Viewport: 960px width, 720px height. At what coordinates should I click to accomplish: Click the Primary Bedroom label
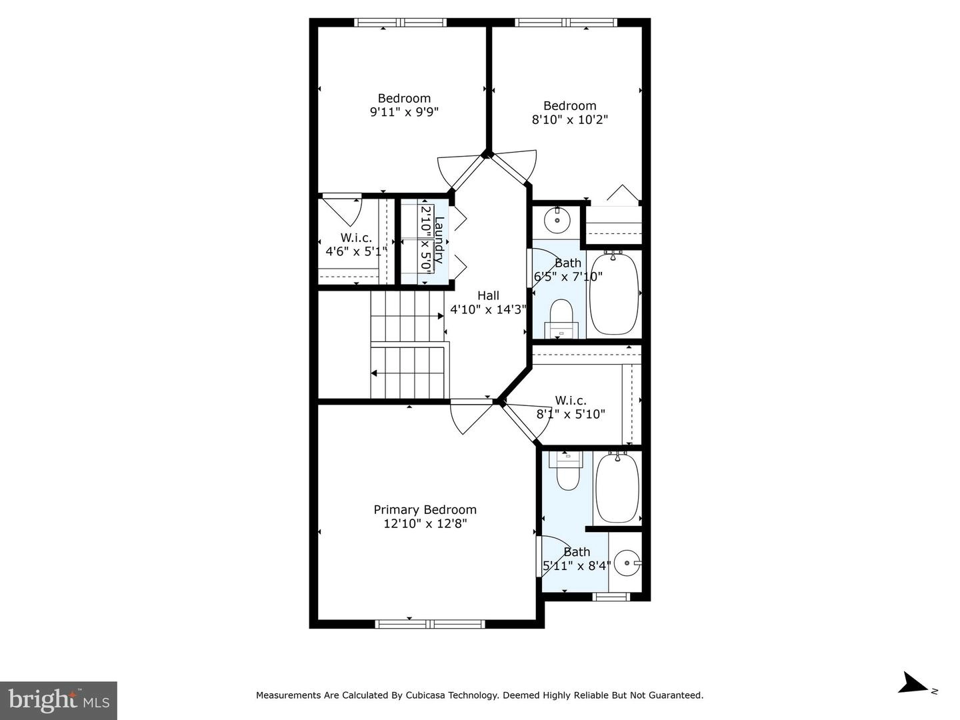point(425,510)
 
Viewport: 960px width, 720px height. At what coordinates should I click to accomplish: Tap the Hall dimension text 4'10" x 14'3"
point(488,309)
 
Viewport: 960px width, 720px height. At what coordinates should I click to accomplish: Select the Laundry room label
point(439,240)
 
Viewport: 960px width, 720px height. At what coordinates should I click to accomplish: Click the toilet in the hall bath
point(561,319)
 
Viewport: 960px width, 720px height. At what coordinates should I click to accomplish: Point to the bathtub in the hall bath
point(614,294)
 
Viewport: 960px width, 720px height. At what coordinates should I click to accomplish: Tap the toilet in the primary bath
point(567,471)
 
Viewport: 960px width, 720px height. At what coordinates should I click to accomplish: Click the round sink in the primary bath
point(627,563)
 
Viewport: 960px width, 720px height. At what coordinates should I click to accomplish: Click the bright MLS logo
point(59,700)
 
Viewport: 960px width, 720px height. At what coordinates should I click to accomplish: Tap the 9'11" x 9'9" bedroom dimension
point(404,112)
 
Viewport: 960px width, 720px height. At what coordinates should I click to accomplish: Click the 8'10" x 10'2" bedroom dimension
point(570,119)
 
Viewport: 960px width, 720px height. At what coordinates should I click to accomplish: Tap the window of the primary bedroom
point(430,624)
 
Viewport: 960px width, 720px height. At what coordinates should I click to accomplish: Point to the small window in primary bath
point(611,597)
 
